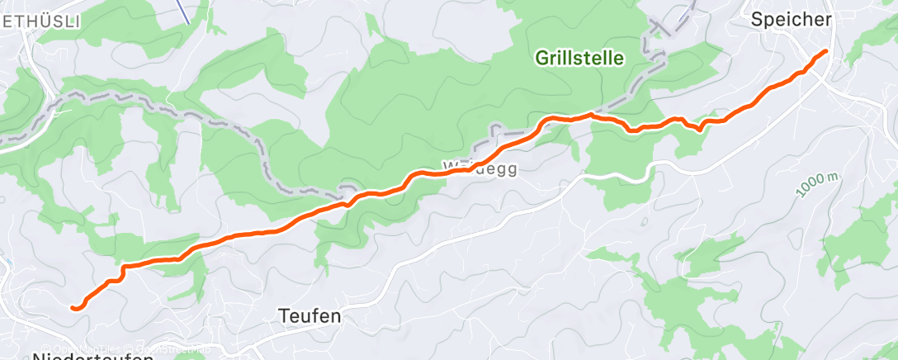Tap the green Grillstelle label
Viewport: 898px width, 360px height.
579,58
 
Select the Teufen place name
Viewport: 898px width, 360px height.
310,316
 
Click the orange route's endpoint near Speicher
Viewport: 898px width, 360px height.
825,52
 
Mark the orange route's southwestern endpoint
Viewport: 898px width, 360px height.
73,308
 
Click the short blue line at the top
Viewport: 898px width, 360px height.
185,12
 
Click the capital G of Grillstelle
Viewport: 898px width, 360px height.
541,58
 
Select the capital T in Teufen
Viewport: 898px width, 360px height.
283,316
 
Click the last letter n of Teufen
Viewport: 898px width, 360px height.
336,316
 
